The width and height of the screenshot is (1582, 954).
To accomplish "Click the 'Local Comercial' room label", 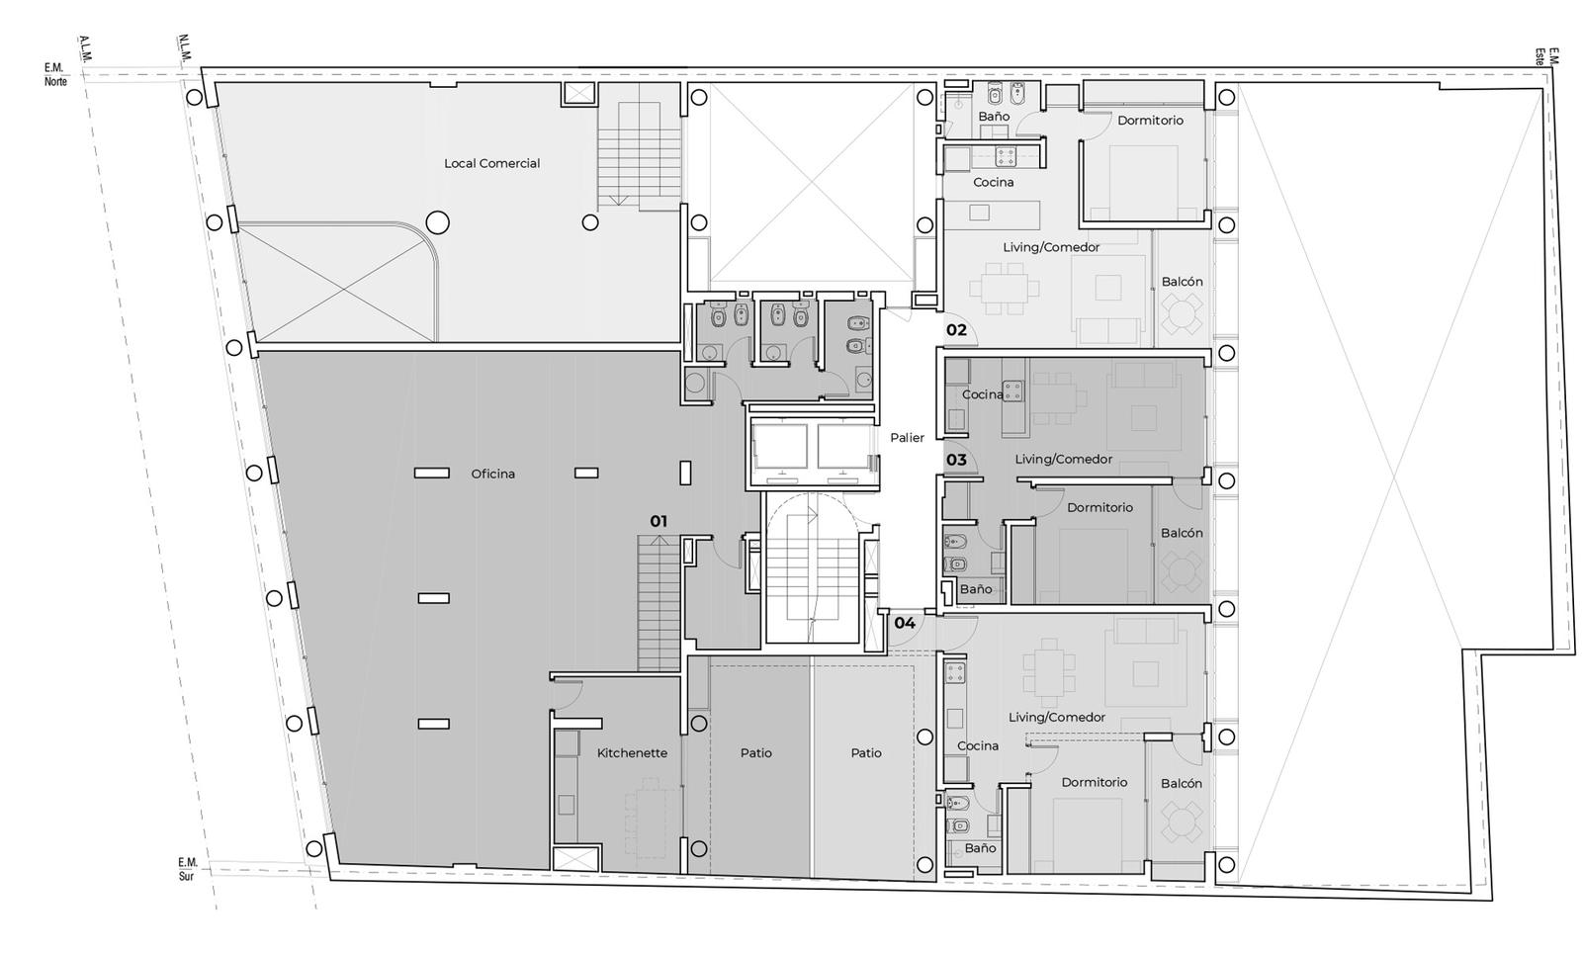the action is click(x=491, y=163).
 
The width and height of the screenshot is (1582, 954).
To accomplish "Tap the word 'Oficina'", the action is click(x=493, y=474).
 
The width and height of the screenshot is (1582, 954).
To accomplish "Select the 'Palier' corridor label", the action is click(x=907, y=438).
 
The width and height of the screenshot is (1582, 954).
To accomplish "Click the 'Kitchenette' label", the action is click(x=632, y=752).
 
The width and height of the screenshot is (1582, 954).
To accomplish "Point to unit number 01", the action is click(x=659, y=521).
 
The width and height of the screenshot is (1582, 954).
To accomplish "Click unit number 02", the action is click(x=956, y=330).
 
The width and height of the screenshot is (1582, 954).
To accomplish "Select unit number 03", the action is click(x=956, y=460).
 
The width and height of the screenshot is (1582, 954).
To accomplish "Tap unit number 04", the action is click(x=905, y=623).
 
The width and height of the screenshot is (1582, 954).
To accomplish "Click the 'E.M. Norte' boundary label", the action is click(x=55, y=74).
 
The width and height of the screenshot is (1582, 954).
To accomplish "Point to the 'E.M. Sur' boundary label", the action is click(x=187, y=869).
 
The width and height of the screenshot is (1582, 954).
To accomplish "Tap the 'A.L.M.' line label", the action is click(x=85, y=48).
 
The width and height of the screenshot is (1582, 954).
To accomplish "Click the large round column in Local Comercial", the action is click(x=437, y=223).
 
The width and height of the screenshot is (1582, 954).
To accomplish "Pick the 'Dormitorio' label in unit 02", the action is click(x=1150, y=120).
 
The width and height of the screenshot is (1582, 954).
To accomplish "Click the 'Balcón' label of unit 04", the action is click(x=1181, y=783).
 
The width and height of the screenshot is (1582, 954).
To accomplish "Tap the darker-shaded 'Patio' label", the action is click(x=755, y=752).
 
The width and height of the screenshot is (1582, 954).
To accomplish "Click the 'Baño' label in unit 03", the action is click(x=975, y=589).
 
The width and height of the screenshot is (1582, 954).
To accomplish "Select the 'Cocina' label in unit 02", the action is click(x=993, y=182).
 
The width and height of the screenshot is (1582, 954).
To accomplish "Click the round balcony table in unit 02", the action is click(x=1182, y=314).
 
